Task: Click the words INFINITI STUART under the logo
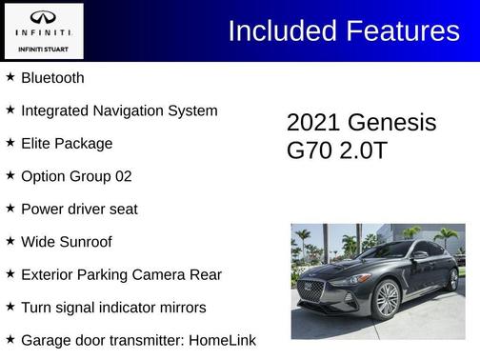pyautogui.click(x=44, y=47)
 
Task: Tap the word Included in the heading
pyautogui.click(x=281, y=30)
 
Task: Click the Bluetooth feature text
pyautogui.click(x=52, y=78)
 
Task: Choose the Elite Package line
pyautogui.click(x=67, y=144)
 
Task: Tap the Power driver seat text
pyautogui.click(x=79, y=210)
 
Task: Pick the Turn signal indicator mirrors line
pyautogui.click(x=113, y=308)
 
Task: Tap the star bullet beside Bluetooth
pyautogui.click(x=10, y=77)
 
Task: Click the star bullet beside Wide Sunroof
pyautogui.click(x=10, y=241)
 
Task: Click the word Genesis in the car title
pyautogui.click(x=391, y=123)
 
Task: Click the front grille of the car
pyautogui.click(x=310, y=290)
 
